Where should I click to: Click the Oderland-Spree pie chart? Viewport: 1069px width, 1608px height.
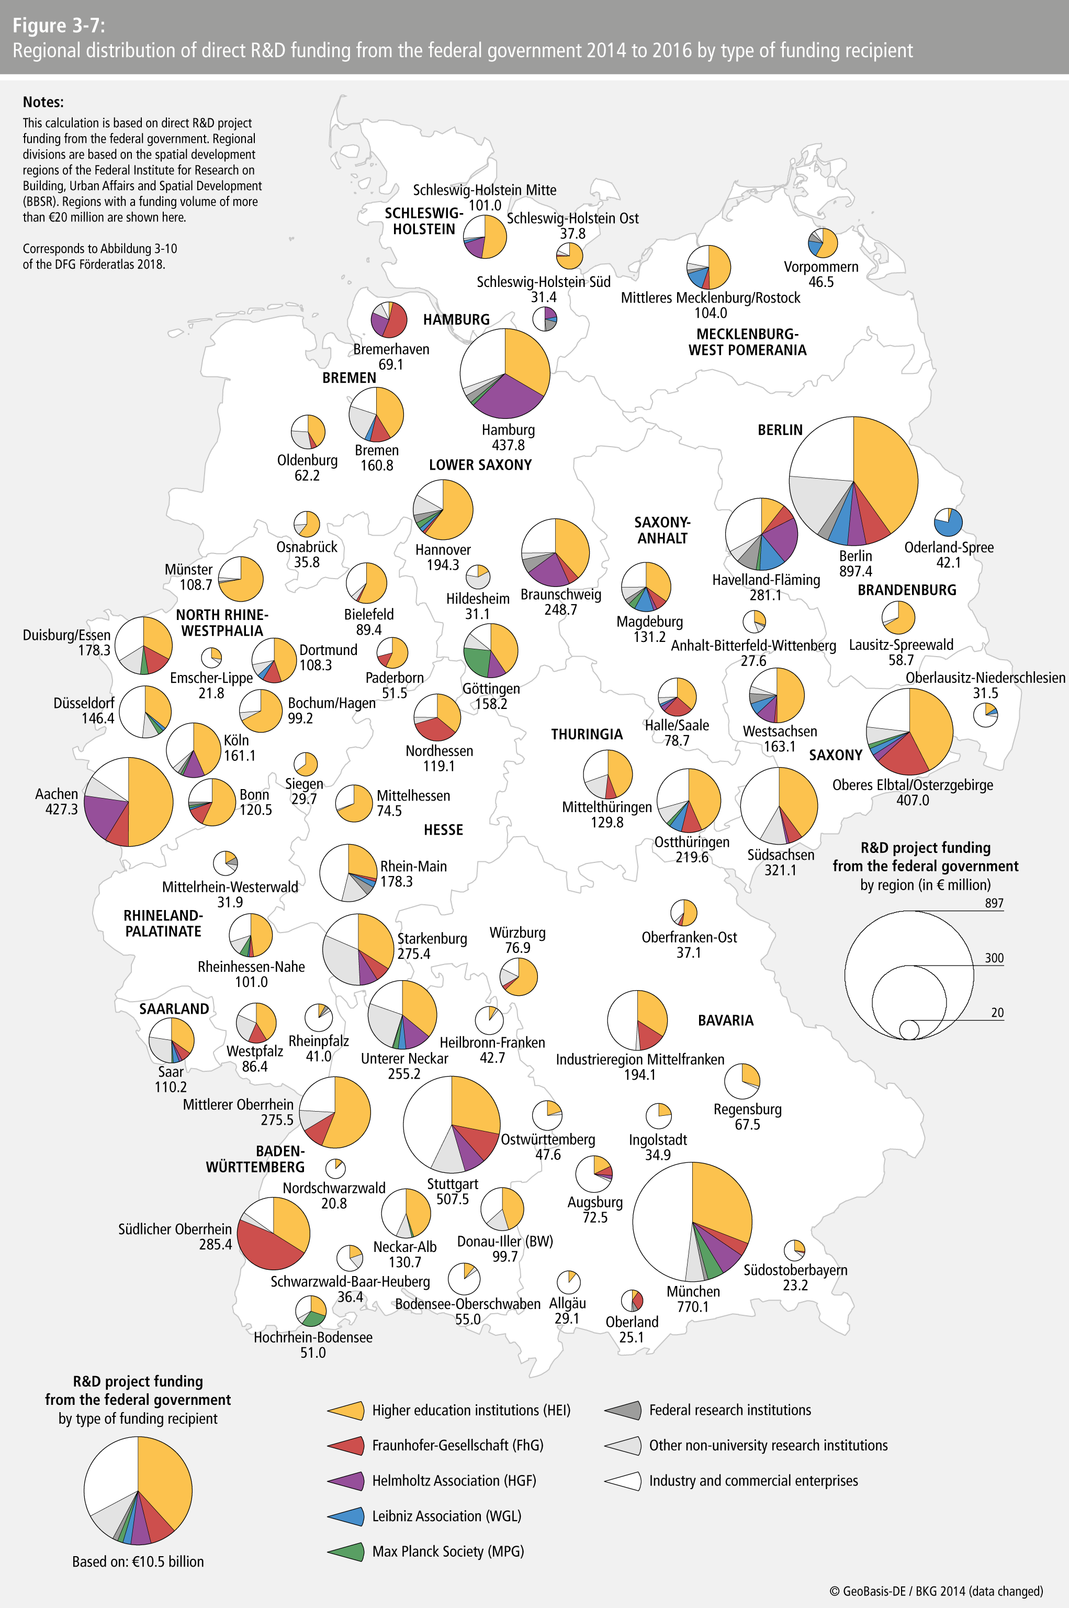point(948,523)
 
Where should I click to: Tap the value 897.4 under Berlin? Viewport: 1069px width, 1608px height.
point(856,571)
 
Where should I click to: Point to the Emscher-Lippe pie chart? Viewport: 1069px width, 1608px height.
point(211,658)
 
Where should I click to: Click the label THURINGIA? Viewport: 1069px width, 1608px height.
point(587,734)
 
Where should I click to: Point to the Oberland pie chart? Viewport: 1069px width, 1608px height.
point(632,1300)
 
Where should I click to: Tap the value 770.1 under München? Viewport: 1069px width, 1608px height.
point(693,1306)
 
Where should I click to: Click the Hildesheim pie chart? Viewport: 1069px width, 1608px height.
point(478,577)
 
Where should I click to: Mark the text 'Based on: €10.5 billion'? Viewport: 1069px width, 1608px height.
point(138,1561)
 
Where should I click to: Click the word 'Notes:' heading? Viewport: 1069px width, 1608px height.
point(43,102)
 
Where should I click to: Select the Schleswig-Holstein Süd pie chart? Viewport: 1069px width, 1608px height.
point(545,318)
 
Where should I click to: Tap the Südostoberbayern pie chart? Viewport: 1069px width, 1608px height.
point(794,1250)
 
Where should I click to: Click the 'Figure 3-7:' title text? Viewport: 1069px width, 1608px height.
point(59,26)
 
